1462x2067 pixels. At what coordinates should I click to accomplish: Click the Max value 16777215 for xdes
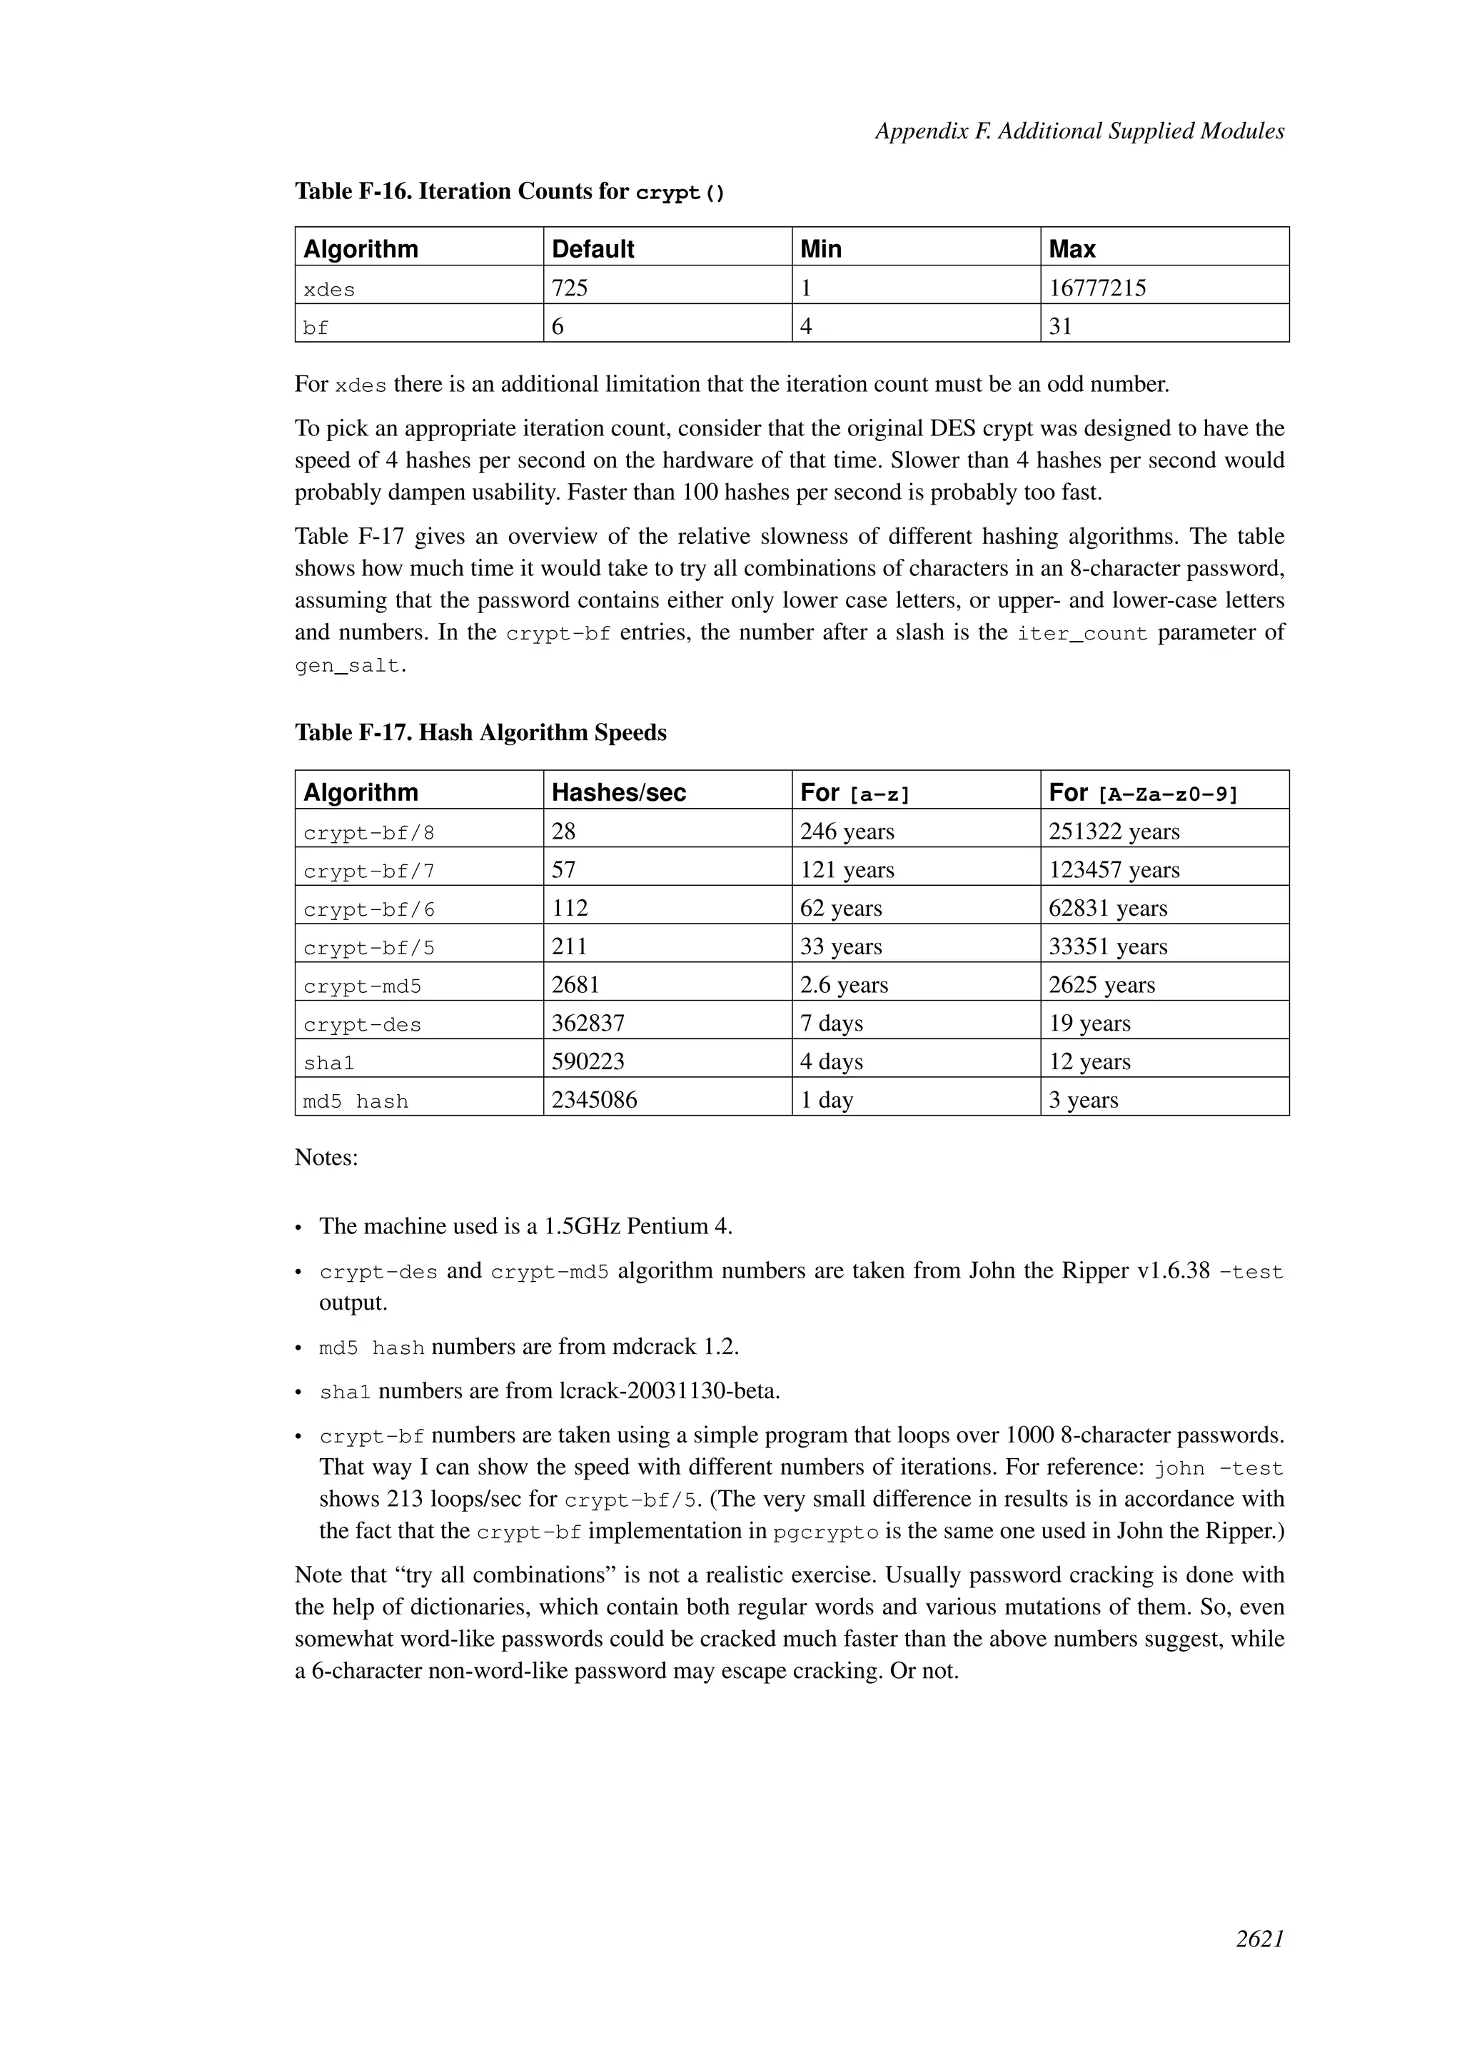pos(1097,288)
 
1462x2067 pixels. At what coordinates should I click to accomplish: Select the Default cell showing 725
pos(570,288)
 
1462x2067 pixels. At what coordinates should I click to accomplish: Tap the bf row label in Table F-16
pos(316,328)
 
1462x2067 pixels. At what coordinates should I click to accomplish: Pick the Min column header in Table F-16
pos(820,248)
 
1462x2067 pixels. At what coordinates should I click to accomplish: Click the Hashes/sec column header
pos(618,792)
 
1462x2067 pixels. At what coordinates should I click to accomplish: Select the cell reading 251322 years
pos(1114,831)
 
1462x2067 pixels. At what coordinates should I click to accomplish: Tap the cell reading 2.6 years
pos(844,984)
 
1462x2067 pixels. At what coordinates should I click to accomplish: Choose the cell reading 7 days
pos(831,1023)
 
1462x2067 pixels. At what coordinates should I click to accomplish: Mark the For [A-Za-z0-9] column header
pos(1144,792)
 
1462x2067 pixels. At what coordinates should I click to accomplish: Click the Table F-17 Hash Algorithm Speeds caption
pos(480,732)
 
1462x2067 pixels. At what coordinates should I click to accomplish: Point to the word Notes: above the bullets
pos(326,1157)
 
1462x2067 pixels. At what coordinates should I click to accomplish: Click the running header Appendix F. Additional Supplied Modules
pos(1079,131)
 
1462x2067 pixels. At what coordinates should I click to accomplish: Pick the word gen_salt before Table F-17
pos(347,666)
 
